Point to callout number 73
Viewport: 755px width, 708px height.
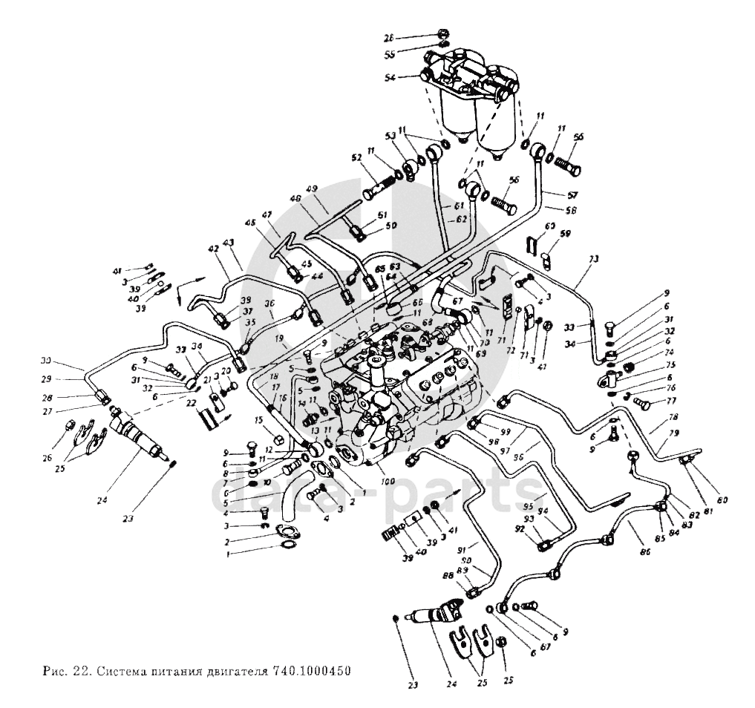593,260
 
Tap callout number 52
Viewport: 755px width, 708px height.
356,157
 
